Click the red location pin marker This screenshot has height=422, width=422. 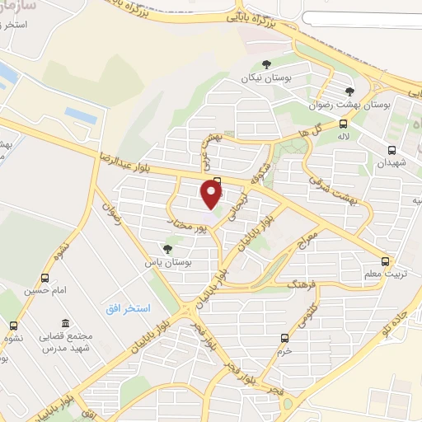coord(212,195)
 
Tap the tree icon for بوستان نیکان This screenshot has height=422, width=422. coord(265,65)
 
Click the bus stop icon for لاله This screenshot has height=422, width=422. coord(344,124)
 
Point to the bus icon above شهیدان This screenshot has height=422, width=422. coord(392,151)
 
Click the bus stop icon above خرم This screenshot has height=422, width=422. coord(284,338)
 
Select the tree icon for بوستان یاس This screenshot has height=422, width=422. coord(168,248)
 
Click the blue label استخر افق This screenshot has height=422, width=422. coord(128,308)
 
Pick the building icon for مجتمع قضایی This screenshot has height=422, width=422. coord(63,325)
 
